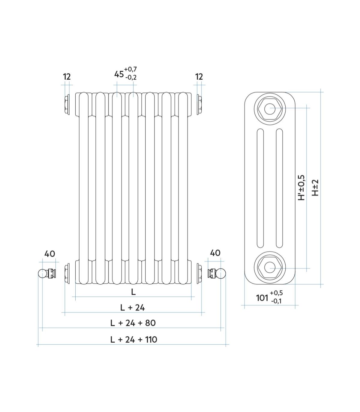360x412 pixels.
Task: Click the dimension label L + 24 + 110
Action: coord(133,340)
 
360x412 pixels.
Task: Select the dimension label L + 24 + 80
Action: coord(133,323)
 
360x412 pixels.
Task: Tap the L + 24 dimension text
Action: coord(132,308)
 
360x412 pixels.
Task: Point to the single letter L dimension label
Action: coord(133,292)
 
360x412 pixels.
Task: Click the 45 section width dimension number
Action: coord(119,74)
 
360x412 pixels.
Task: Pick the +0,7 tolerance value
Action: coord(130,69)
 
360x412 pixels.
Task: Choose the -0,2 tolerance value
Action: coord(131,77)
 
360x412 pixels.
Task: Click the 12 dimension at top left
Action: coord(67,77)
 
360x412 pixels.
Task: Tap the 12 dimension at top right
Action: coord(199,77)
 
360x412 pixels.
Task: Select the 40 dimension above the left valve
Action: coord(50,254)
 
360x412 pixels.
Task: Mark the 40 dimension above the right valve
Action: coord(215,253)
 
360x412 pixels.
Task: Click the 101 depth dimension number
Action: coord(262,298)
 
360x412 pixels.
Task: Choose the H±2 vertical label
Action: coord(315,188)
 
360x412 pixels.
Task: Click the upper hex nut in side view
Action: coord(270,109)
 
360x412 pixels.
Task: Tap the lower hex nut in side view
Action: coord(270,267)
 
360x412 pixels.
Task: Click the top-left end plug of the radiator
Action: coord(67,105)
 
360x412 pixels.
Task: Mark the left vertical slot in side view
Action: coord(260,188)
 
